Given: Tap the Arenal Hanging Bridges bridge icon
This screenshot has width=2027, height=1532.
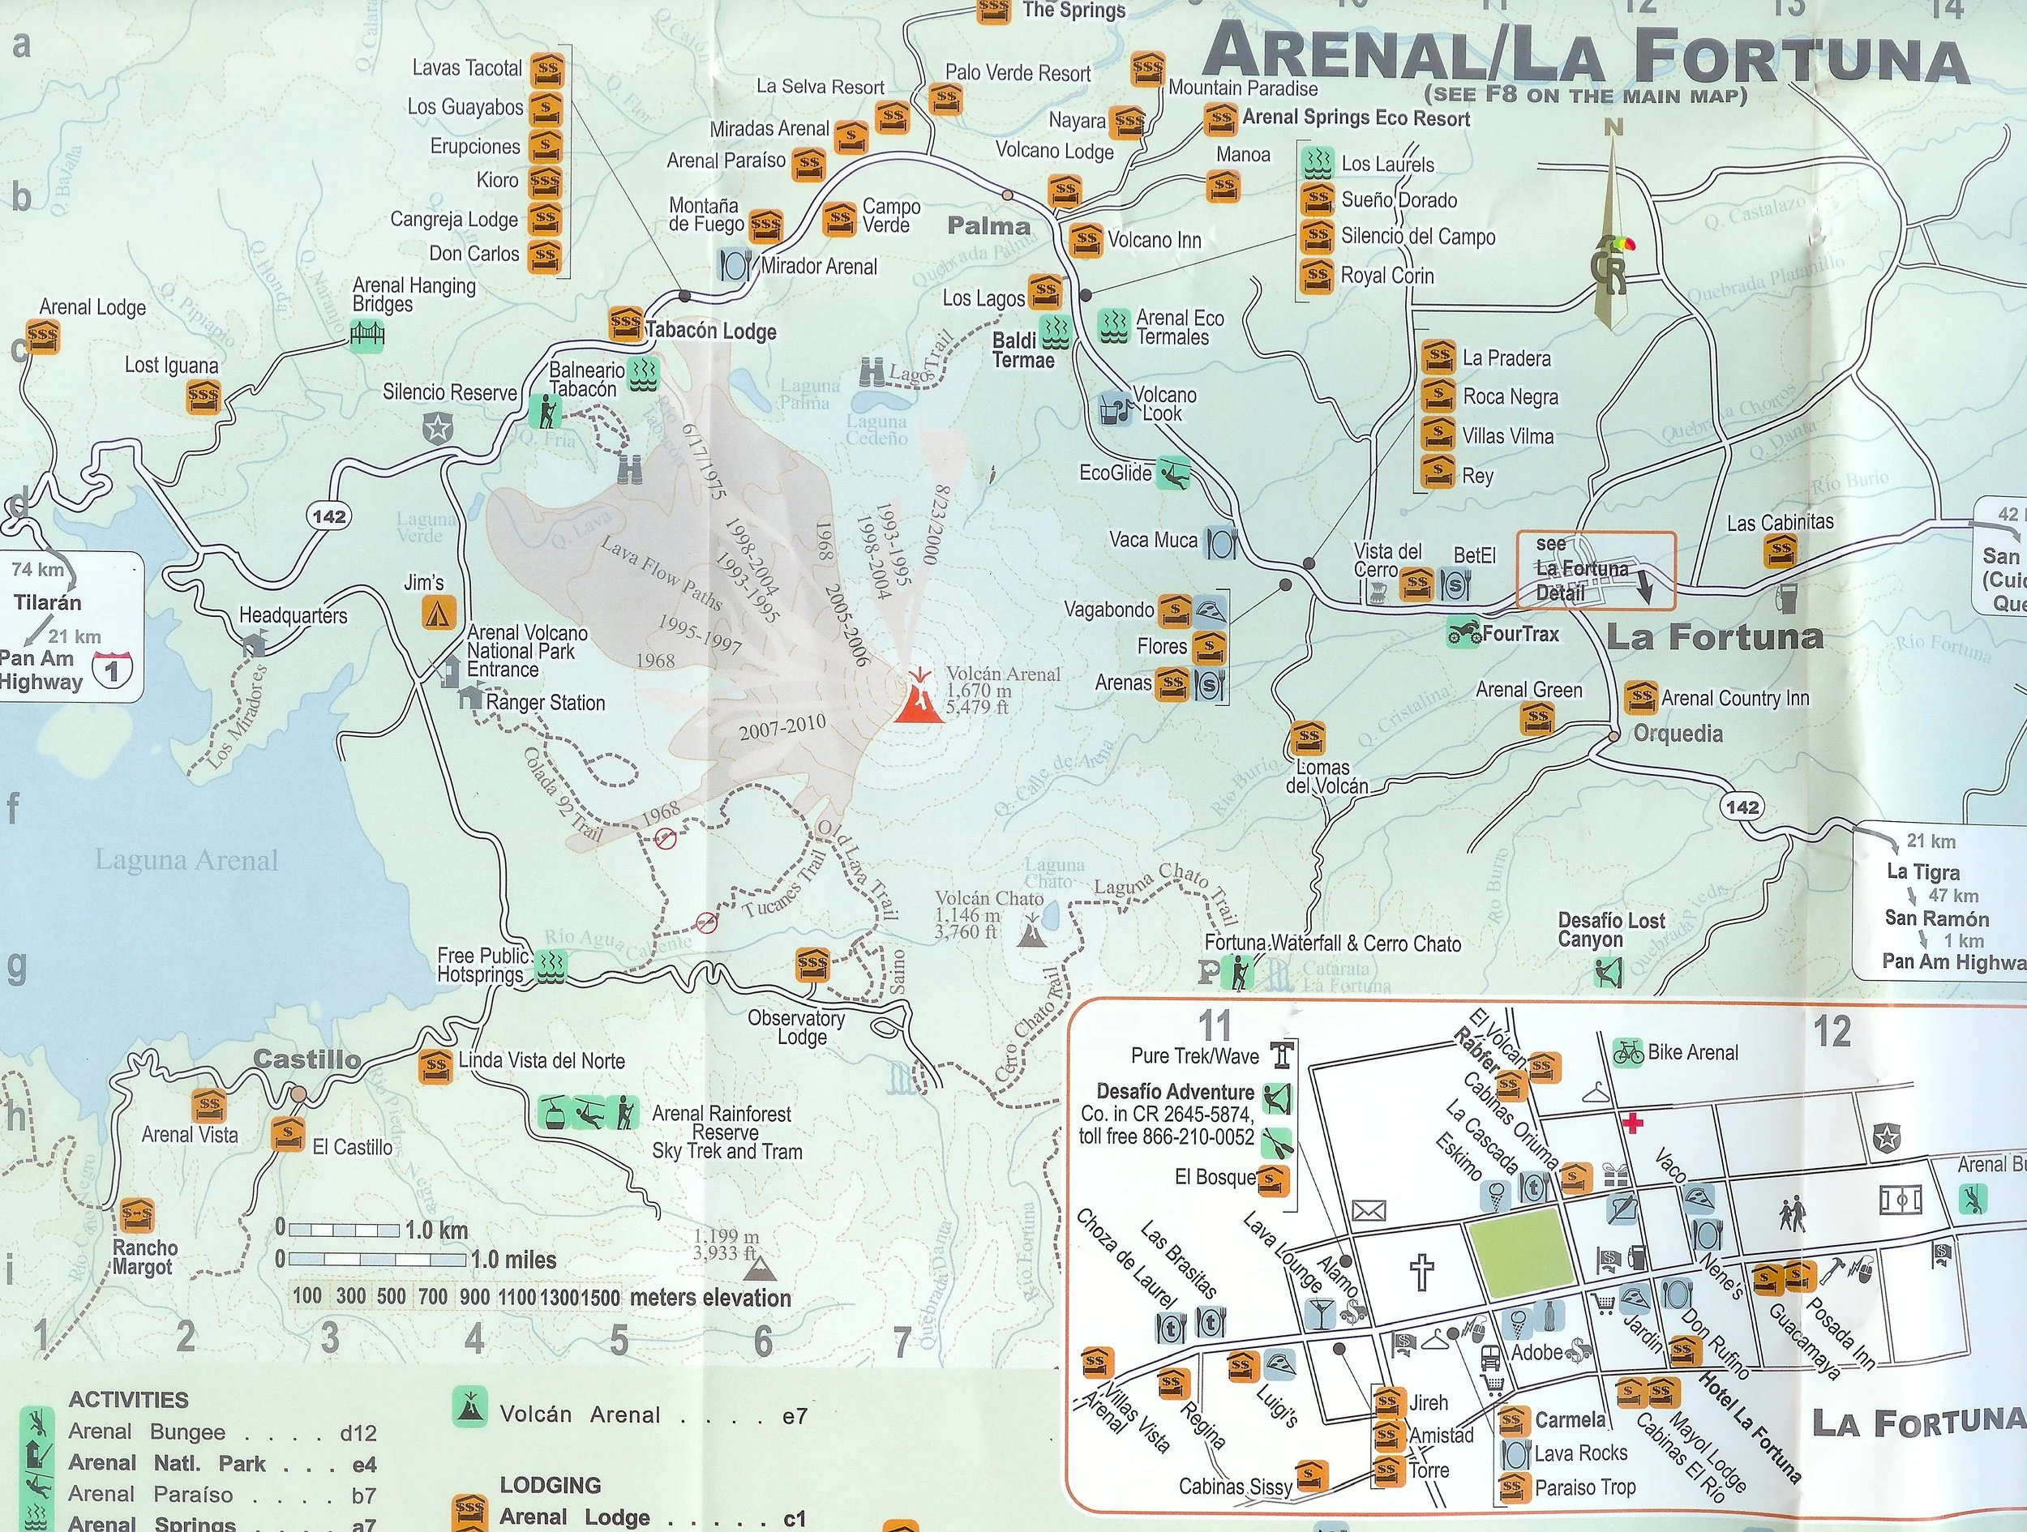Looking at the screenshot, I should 366,338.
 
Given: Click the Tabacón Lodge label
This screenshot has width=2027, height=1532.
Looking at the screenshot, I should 710,331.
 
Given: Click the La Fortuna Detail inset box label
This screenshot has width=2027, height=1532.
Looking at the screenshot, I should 1569,569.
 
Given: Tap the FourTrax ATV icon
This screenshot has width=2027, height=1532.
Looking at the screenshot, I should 1463,632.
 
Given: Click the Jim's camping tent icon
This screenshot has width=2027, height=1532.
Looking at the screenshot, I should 439,611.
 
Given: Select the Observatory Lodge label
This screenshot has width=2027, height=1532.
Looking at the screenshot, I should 795,1027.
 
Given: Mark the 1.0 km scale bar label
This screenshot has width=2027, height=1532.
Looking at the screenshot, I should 436,1230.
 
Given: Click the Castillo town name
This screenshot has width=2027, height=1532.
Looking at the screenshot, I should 306,1059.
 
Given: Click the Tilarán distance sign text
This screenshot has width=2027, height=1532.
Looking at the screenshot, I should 48,603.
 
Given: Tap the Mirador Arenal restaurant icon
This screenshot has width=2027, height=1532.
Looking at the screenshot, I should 736,266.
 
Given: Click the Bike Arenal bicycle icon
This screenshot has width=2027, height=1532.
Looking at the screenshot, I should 1628,1052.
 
